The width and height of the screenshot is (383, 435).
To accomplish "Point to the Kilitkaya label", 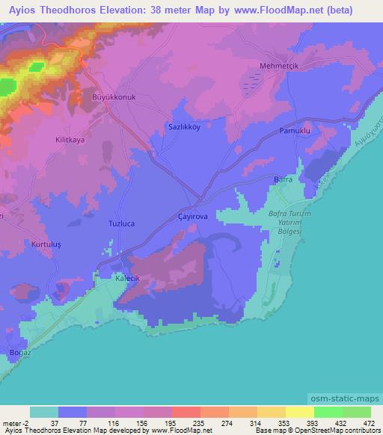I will [x=49, y=139].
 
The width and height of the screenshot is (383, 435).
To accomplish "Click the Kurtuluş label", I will [x=46, y=244].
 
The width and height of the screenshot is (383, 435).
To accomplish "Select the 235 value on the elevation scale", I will [x=187, y=423].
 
